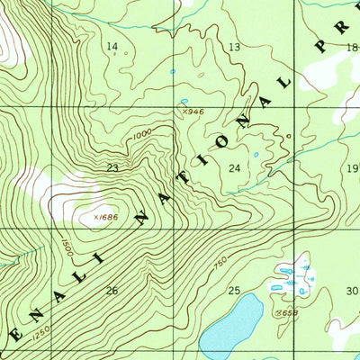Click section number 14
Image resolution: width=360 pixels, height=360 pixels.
112,46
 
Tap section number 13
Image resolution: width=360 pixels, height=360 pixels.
235,46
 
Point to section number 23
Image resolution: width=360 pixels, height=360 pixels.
112,167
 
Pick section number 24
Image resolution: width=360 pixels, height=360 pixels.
235,168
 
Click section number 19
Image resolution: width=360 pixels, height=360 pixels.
352,168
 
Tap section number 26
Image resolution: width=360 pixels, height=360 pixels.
112,290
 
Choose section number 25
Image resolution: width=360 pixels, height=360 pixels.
234,290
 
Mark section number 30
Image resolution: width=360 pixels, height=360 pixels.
352,290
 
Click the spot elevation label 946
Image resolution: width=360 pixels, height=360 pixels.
188,112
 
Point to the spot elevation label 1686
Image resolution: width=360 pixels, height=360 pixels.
107,216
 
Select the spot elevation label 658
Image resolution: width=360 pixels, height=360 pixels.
288,312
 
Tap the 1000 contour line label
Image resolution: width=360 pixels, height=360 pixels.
140,135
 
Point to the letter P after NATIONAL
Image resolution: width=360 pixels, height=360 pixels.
320,47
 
